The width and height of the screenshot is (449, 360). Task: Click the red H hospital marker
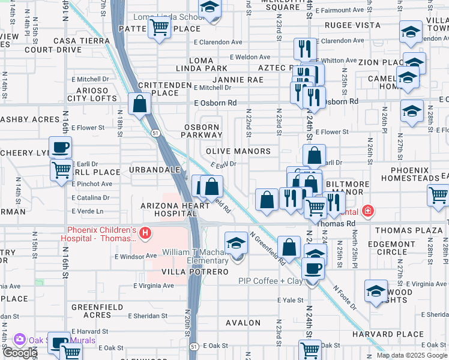tap(144, 232)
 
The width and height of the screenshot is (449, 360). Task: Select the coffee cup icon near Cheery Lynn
tap(60, 147)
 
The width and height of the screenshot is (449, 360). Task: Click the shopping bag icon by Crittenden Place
tap(139, 103)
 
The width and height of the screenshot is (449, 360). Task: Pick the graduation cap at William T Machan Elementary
tap(237, 243)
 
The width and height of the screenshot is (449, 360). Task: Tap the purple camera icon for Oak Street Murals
tap(20, 340)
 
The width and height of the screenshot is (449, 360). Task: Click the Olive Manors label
tap(238, 151)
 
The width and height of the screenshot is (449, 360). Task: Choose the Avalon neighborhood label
tap(243, 323)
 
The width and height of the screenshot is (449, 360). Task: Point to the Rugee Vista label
tap(352, 26)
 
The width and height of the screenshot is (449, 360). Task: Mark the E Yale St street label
tap(291, 299)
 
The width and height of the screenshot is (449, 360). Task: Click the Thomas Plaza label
tap(408, 230)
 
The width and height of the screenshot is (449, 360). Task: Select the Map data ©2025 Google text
tap(412, 355)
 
